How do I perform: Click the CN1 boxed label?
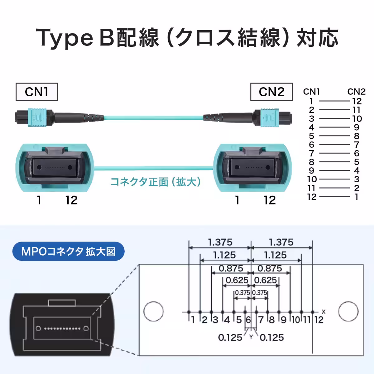pos(37,92)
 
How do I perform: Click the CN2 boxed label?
pos(271,92)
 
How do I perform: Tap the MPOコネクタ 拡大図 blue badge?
pos(68,251)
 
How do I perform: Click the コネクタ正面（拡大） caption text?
pos(156,181)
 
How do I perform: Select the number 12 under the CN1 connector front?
pos(71,200)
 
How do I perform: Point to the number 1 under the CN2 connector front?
pos(237,200)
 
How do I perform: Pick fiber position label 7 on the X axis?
pos(261,320)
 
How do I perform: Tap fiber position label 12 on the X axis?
pos(319,320)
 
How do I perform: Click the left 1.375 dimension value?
pos(220,242)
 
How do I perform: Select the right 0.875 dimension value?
pos(270,268)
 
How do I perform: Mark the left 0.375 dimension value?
pos(242,293)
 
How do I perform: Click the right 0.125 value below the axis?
pos(271,337)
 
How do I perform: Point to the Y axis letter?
pos(251,337)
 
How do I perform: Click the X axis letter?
pos(324,311)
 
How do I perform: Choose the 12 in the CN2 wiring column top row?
pos(357,101)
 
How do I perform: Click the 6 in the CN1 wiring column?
pos(312,145)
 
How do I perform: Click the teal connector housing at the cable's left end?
pos(35,118)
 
